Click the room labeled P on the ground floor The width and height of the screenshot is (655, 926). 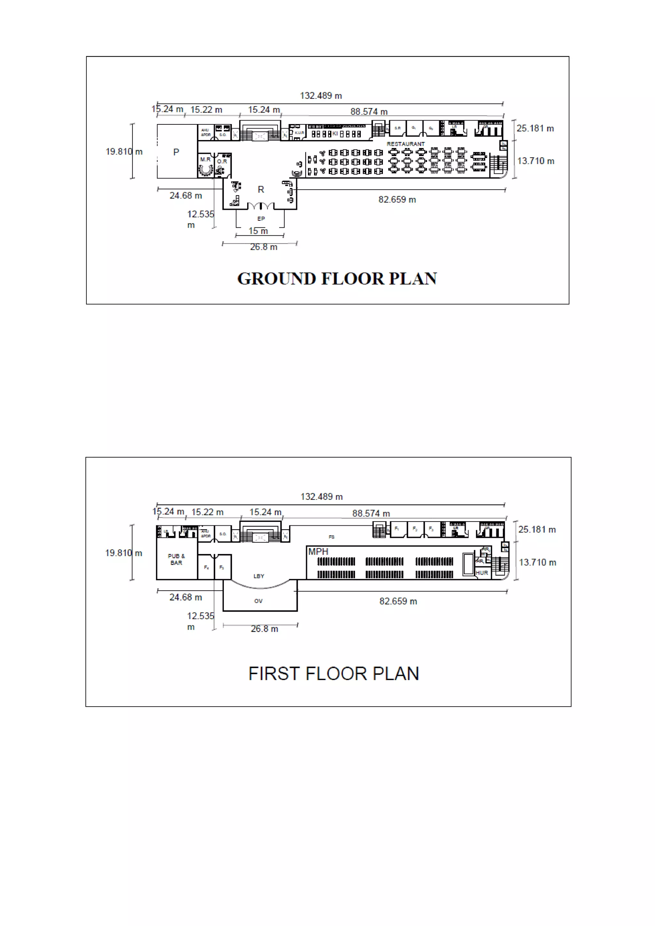coord(176,153)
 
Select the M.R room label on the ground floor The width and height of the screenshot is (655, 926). coord(205,160)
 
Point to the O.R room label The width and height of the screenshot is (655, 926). coord(222,161)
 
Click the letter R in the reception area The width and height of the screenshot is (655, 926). coord(261,190)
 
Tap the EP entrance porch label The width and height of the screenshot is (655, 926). coord(261,219)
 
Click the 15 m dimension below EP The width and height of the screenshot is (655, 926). coord(258,231)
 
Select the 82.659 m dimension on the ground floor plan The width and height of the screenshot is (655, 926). coord(397,200)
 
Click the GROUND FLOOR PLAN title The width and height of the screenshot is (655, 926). coord(337,279)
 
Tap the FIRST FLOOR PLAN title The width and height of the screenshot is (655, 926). coord(334,674)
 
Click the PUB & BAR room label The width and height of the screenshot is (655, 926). coord(176,559)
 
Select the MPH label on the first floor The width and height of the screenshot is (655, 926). coord(318,552)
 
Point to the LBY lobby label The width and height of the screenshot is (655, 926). coord(258,576)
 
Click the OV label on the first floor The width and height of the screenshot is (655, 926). coord(258,601)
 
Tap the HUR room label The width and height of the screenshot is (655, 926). coord(482,573)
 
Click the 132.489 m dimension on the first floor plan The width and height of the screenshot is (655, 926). coord(321,497)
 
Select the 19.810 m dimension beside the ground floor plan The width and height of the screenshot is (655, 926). coord(124,152)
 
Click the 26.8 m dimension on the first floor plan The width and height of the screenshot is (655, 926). coord(264,629)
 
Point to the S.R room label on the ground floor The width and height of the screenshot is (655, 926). coord(397,128)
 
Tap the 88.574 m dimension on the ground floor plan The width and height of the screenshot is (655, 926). coord(369,112)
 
